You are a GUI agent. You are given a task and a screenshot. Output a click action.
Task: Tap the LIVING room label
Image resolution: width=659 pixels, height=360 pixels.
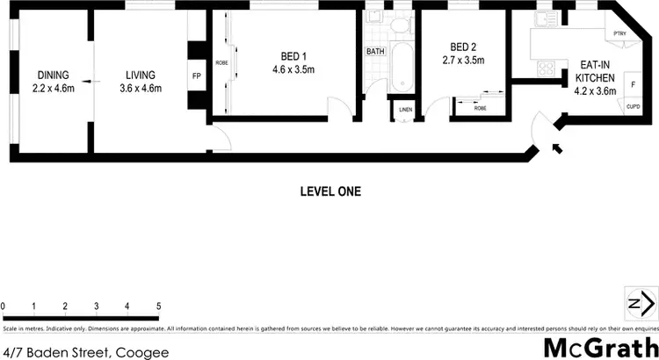tap(139, 75)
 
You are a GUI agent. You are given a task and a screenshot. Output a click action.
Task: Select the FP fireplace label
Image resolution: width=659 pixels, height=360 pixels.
tap(195, 76)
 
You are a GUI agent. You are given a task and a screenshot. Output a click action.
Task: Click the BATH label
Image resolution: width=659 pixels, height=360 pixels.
tap(375, 52)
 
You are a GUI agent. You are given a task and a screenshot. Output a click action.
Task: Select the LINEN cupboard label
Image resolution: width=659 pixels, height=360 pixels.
tap(405, 110)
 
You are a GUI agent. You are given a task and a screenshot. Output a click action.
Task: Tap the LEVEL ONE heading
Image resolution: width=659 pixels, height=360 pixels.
tap(329, 191)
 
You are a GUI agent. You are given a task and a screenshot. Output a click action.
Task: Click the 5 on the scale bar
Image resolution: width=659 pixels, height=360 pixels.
tap(158, 306)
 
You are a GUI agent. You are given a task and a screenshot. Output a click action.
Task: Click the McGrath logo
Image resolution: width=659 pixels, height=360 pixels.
tap(599, 345)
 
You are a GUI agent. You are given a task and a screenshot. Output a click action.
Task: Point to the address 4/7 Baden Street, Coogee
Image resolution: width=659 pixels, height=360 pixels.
tap(85, 350)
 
